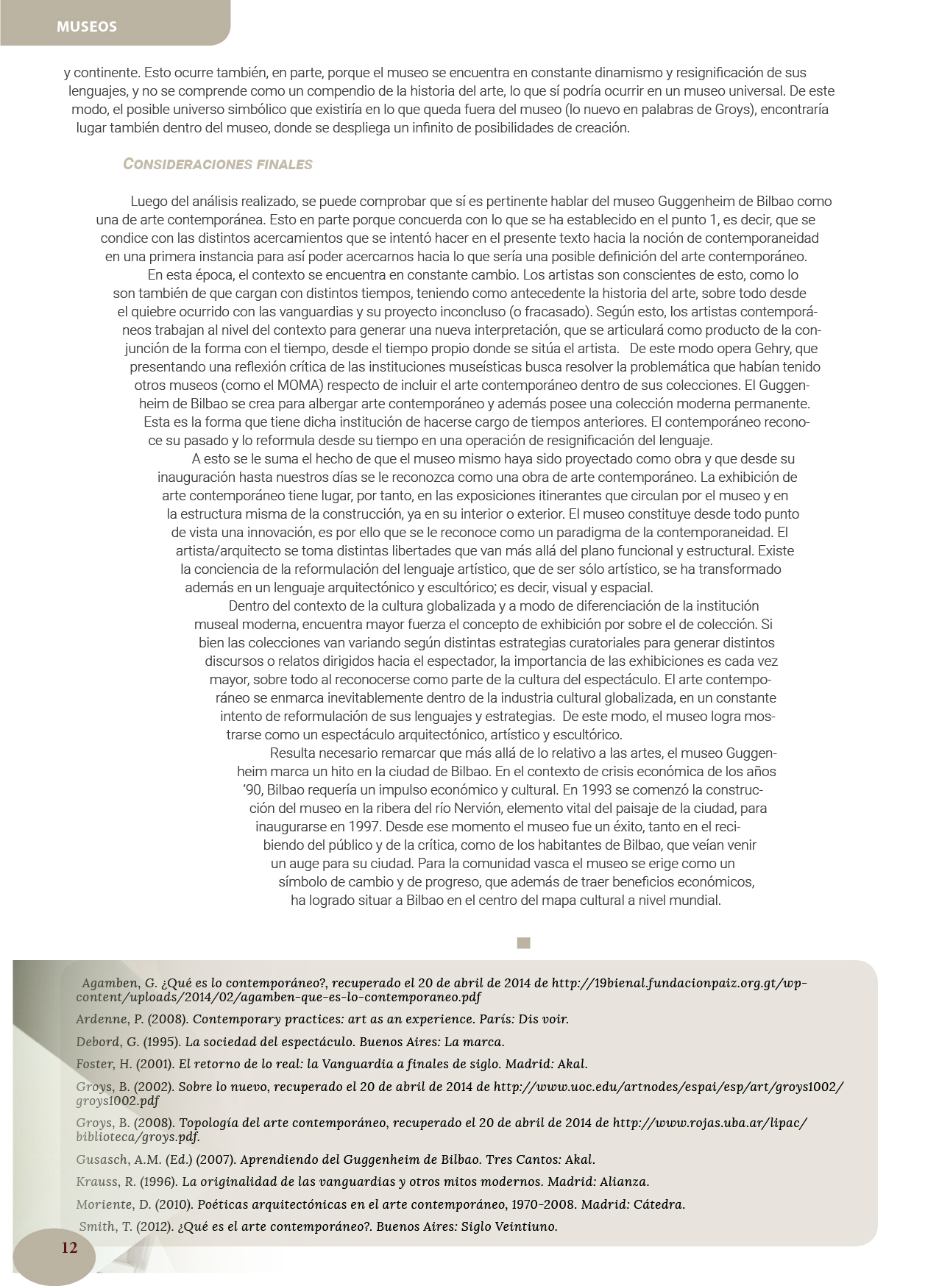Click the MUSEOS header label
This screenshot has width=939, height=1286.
[87, 26]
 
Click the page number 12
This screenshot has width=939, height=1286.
[69, 1247]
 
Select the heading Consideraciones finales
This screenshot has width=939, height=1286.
[218, 164]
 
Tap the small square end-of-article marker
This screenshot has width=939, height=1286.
[523, 943]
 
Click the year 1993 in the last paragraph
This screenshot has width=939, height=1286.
[595, 789]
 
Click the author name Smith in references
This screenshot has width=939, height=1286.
[96, 1226]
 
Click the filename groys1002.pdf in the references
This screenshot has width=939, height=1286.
[117, 1101]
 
